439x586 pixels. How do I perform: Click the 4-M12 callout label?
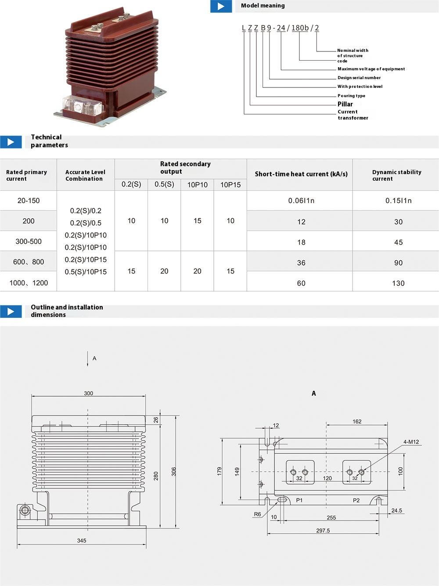coord(411,442)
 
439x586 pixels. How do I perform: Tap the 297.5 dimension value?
coord(323,531)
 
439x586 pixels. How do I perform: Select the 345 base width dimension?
coord(82,541)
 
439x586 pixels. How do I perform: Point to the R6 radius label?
coord(257,514)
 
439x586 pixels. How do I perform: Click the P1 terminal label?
coord(299,500)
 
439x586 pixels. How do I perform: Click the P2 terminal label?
coord(356,500)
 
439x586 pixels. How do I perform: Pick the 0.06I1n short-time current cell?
coord(301,200)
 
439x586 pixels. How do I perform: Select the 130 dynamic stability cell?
coord(398,283)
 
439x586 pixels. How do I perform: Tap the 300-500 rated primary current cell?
coord(29,241)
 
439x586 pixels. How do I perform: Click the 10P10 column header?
coord(198,185)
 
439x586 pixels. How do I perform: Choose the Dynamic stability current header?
coord(396,175)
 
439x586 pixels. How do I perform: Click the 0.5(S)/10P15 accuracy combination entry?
coord(86,272)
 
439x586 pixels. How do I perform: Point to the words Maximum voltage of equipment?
coord(371,69)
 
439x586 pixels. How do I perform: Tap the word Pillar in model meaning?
coord(345,104)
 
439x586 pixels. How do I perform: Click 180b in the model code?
coord(300,28)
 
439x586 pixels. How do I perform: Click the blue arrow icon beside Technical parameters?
coord(11,142)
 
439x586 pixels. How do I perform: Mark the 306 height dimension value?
coord(174,471)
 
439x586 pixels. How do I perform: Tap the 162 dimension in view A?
coord(357,422)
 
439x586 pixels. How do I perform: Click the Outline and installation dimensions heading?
coord(67,311)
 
